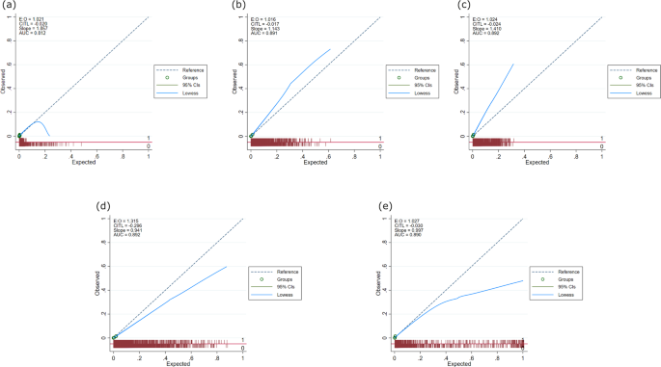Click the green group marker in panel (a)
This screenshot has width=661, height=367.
(x=19, y=135)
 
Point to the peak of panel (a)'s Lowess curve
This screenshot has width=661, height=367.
(x=39, y=121)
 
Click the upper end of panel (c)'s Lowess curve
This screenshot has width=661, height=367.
(x=512, y=65)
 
